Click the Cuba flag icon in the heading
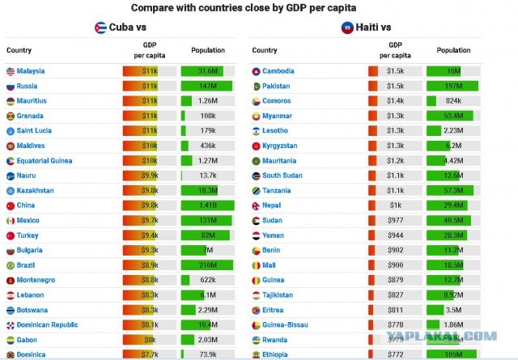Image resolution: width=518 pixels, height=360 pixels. (x=100, y=28)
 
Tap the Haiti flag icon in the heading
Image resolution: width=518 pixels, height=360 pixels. (x=346, y=28)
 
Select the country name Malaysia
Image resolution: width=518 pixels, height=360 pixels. (x=31, y=71)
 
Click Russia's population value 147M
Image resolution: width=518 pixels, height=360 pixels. (x=208, y=86)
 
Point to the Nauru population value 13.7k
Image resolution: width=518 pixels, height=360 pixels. (x=208, y=176)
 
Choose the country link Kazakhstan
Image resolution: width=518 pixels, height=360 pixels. (x=36, y=190)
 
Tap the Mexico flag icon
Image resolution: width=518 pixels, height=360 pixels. (x=10, y=221)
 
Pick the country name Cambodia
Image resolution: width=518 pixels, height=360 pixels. (x=278, y=71)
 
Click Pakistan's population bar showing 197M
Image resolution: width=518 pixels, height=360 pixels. (x=453, y=86)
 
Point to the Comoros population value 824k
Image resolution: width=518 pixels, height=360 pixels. (x=453, y=101)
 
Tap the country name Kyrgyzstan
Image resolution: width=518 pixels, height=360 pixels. (x=279, y=146)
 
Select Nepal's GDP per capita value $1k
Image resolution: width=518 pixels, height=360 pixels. (x=394, y=205)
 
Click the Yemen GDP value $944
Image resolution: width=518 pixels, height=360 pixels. (x=394, y=235)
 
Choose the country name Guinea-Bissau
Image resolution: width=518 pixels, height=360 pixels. (x=285, y=324)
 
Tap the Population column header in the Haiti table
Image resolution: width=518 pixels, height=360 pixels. (x=453, y=50)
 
